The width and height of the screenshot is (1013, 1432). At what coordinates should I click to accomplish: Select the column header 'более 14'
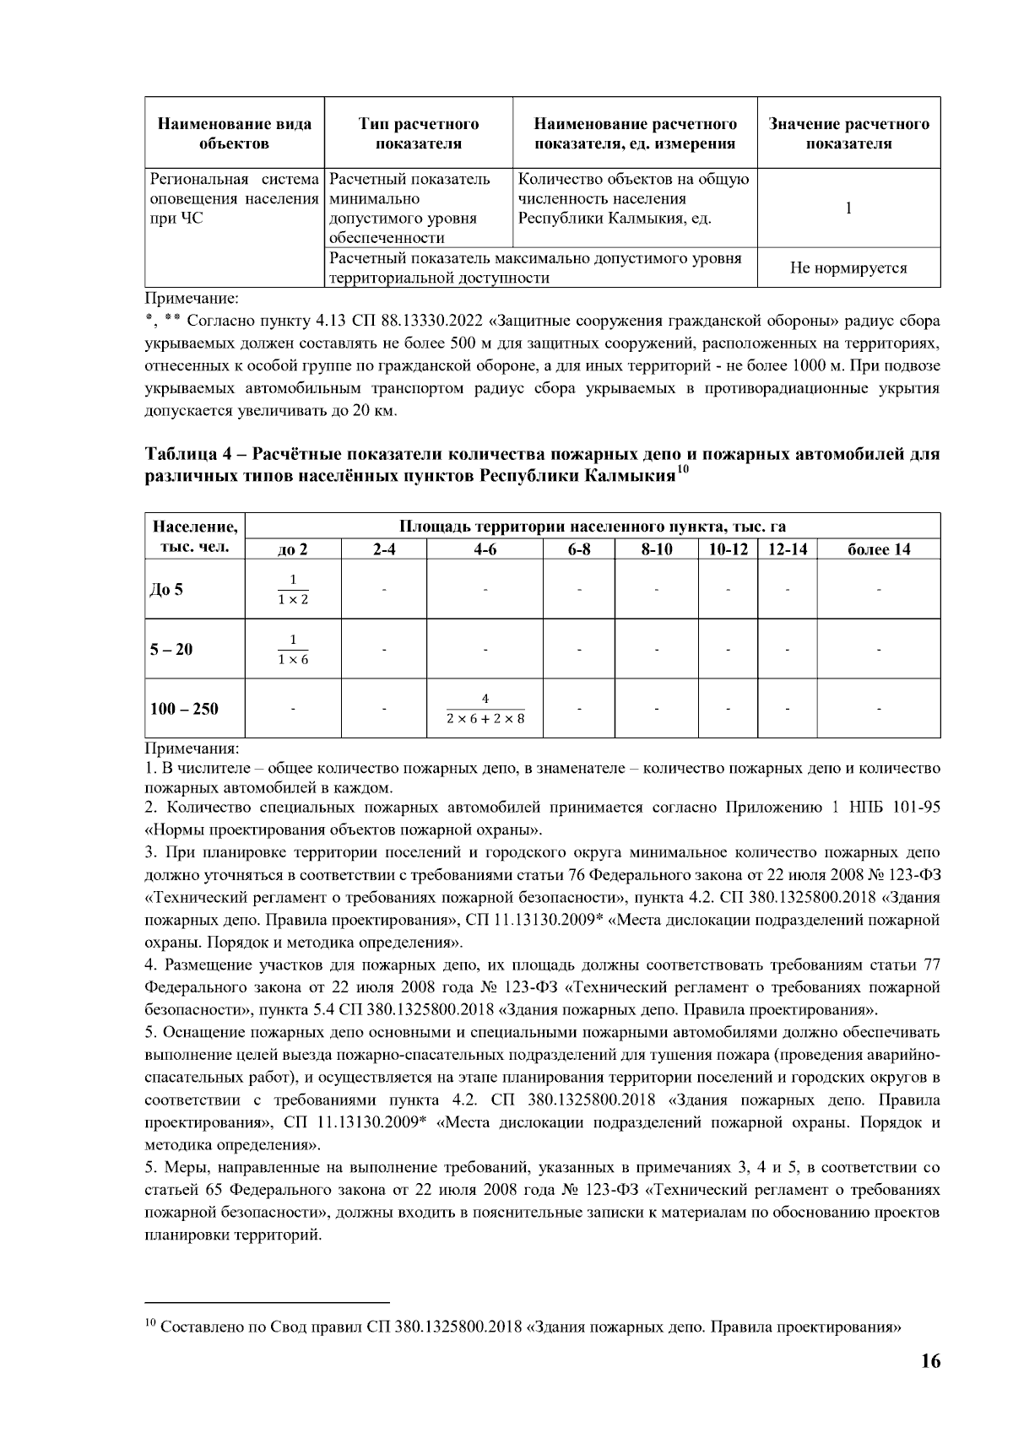(878, 549)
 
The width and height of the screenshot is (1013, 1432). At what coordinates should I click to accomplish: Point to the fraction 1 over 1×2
(293, 589)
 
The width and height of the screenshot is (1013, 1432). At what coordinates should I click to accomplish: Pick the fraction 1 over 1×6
(293, 649)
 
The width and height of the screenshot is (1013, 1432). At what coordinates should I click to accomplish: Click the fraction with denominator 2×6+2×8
(485, 709)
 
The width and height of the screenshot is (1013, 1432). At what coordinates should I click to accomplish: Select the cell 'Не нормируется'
(848, 268)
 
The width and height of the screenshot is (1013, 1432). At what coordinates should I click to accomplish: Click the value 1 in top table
(848, 208)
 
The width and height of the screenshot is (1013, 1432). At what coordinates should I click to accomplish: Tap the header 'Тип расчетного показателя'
(419, 133)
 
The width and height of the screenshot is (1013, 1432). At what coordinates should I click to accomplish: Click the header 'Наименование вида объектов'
(235, 133)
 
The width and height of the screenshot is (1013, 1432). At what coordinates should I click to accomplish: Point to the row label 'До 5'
(166, 589)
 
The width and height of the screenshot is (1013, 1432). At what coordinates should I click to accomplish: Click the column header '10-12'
(728, 549)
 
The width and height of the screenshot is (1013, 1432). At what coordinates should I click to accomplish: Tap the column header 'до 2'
(293, 549)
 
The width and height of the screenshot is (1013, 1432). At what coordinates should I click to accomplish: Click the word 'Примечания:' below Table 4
(192, 748)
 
